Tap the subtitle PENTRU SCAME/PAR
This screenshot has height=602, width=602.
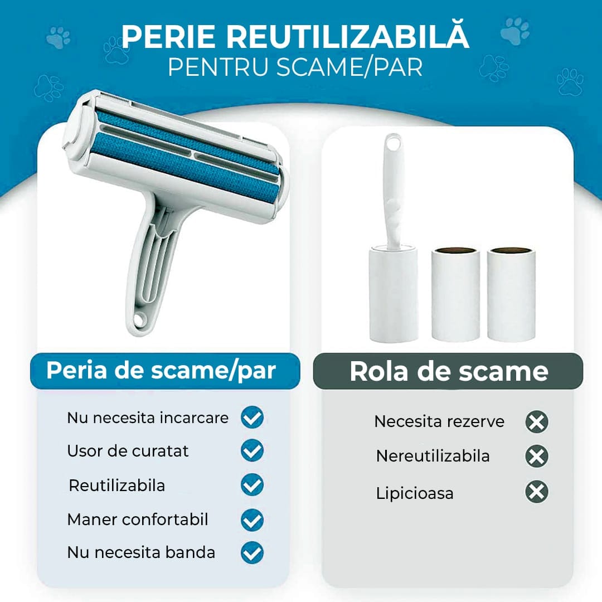295,67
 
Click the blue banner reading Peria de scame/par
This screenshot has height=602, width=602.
165,371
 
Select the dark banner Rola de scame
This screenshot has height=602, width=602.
448,371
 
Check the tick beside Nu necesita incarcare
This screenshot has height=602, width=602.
253,417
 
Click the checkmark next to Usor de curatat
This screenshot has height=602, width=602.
253,451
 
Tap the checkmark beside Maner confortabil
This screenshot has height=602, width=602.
253,520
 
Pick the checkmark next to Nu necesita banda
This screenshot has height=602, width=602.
253,553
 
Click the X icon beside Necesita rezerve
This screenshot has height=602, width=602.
537,422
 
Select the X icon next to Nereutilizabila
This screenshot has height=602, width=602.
537,457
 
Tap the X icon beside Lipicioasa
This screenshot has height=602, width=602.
537,492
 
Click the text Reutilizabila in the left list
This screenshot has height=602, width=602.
116,486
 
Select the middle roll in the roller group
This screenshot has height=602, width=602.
455,294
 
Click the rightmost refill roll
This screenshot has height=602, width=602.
511,294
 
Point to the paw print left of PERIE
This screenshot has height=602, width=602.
116,50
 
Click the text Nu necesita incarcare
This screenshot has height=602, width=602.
148,417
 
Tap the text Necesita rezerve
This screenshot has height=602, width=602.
439,421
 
